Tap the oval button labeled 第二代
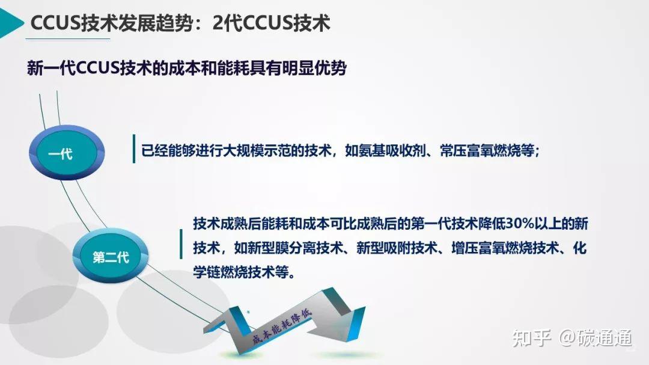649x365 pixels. (111, 257)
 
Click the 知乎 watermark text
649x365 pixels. (531, 339)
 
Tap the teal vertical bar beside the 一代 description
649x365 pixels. (133, 149)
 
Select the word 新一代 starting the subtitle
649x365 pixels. (52, 69)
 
